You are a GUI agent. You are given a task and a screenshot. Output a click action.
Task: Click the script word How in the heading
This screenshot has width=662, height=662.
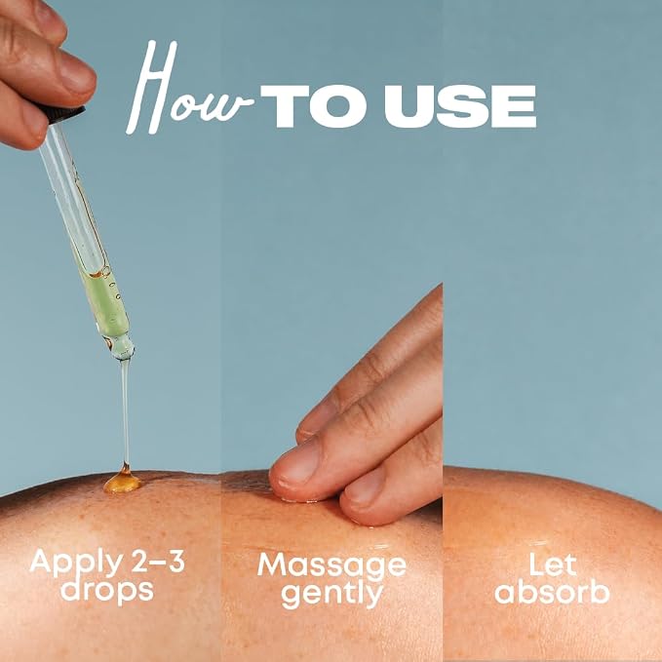189,88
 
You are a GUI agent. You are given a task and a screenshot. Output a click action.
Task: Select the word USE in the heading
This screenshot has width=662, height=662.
460,106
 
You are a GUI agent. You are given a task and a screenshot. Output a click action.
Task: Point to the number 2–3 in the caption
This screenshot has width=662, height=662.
158,561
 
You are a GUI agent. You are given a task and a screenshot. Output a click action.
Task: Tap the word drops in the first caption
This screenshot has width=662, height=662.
107,590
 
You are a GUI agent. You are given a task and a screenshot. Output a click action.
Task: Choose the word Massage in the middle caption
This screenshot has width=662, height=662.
331,565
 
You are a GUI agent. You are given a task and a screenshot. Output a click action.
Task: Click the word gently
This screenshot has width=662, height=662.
332,594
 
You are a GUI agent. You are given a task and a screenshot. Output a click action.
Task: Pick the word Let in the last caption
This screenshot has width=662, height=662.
553,564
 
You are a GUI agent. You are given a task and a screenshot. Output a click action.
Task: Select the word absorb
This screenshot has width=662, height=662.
552,590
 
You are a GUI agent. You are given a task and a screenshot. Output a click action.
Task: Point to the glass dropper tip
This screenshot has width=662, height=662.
122,347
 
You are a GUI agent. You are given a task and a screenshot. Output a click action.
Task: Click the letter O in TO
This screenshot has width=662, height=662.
337,106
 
